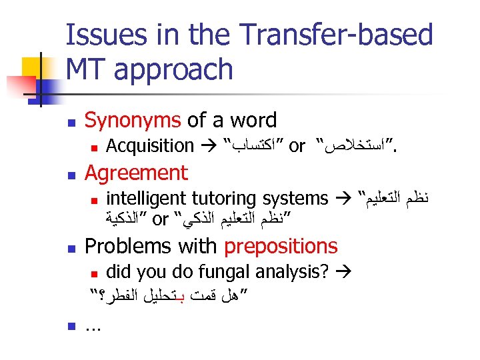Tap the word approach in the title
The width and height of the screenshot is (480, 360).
(174, 69)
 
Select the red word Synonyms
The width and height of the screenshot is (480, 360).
(133, 121)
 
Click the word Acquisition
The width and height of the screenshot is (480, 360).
(150, 145)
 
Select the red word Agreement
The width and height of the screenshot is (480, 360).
(137, 173)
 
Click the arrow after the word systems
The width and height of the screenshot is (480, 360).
(343, 199)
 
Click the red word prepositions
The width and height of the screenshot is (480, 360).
(281, 247)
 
